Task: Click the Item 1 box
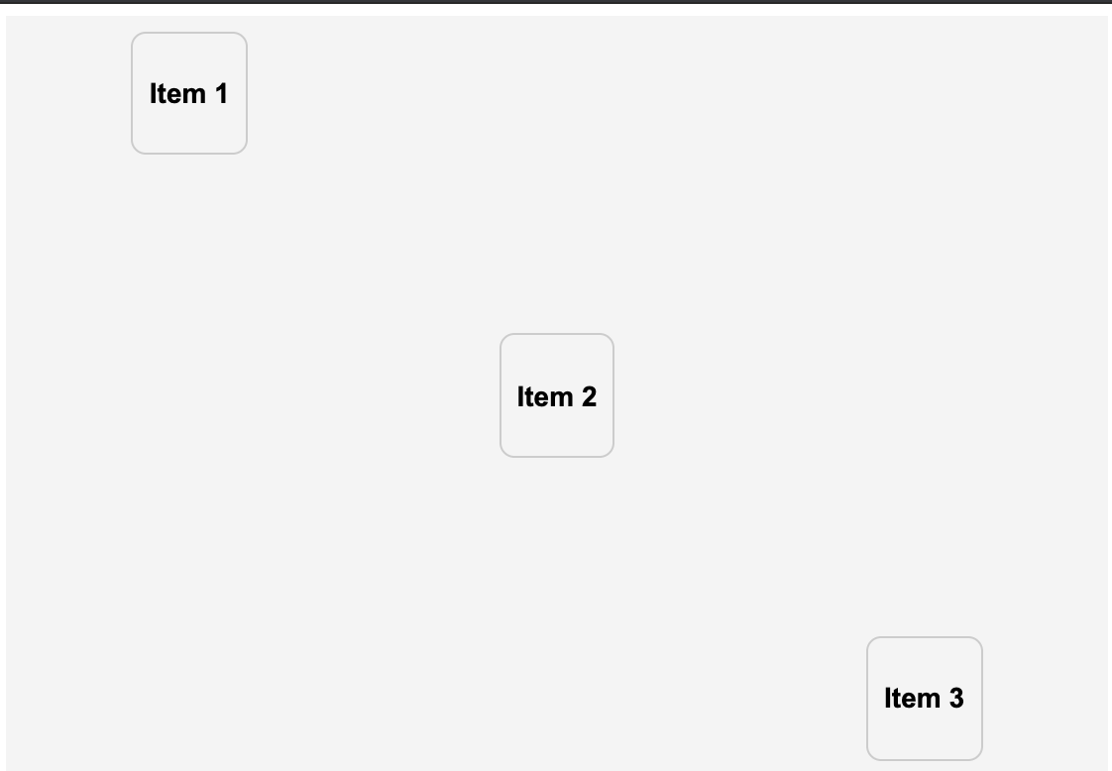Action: (189, 93)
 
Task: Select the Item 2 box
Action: (557, 395)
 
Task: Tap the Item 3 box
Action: (925, 699)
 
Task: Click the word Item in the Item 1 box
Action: (175, 94)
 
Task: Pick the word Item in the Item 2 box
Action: (543, 396)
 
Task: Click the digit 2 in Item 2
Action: (588, 396)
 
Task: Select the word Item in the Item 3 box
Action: (911, 699)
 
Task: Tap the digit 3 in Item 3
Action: (955, 699)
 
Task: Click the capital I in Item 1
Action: (154, 94)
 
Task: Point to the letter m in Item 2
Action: (561, 398)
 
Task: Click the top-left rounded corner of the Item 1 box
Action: (137, 38)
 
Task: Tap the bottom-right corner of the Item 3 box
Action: (977, 755)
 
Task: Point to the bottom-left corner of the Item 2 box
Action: (505, 452)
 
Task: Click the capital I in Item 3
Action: (888, 699)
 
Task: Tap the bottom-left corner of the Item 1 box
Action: (137, 149)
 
